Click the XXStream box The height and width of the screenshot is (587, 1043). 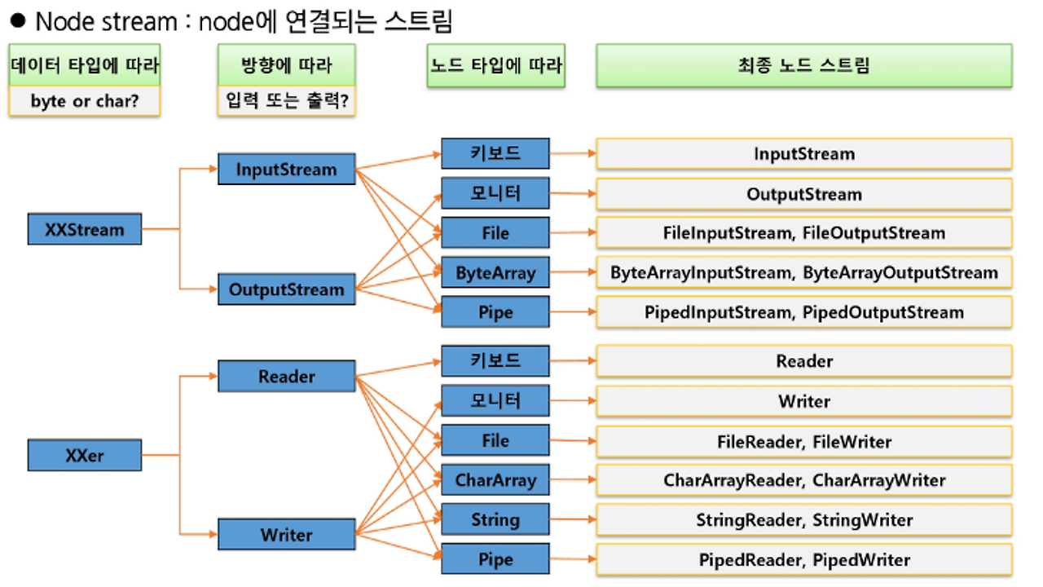tap(85, 229)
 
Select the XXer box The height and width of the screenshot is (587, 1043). tap(85, 456)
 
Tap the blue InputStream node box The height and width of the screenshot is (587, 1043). tap(286, 170)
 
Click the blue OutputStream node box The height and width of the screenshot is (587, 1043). tap(286, 289)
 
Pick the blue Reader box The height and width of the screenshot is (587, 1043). tap(286, 377)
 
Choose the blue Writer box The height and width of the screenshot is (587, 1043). tap(286, 535)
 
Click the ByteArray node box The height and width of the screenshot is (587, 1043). tap(495, 273)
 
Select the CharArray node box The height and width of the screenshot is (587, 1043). tap(495, 480)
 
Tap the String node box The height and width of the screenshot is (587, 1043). tap(495, 519)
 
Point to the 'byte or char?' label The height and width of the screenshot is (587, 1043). tap(84, 102)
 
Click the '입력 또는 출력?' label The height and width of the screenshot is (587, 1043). tap(286, 102)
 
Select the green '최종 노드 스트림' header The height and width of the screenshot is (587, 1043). tap(803, 65)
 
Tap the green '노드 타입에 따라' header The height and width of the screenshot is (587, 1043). tap(496, 65)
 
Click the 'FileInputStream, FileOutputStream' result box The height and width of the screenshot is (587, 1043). tap(803, 233)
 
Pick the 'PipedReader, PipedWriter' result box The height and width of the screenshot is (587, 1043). tap(803, 560)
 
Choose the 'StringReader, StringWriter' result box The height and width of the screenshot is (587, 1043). tap(803, 520)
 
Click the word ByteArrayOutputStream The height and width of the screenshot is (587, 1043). tap(900, 273)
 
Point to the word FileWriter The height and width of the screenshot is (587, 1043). tap(852, 442)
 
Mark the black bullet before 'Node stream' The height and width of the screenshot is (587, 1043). tap(19, 20)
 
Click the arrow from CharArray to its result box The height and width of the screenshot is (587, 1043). tap(572, 479)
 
